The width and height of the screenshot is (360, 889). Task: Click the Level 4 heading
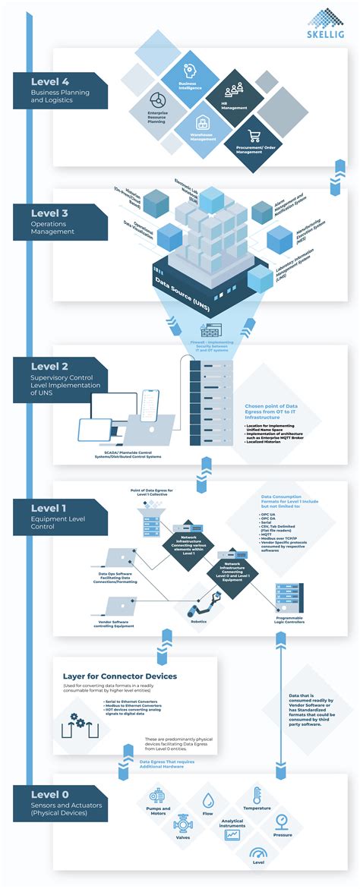(x=51, y=82)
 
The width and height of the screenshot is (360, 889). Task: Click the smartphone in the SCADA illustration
(x=150, y=408)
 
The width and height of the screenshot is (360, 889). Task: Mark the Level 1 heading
(x=51, y=508)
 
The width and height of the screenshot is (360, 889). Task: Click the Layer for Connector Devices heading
(x=119, y=676)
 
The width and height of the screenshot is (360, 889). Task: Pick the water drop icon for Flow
(x=207, y=800)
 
